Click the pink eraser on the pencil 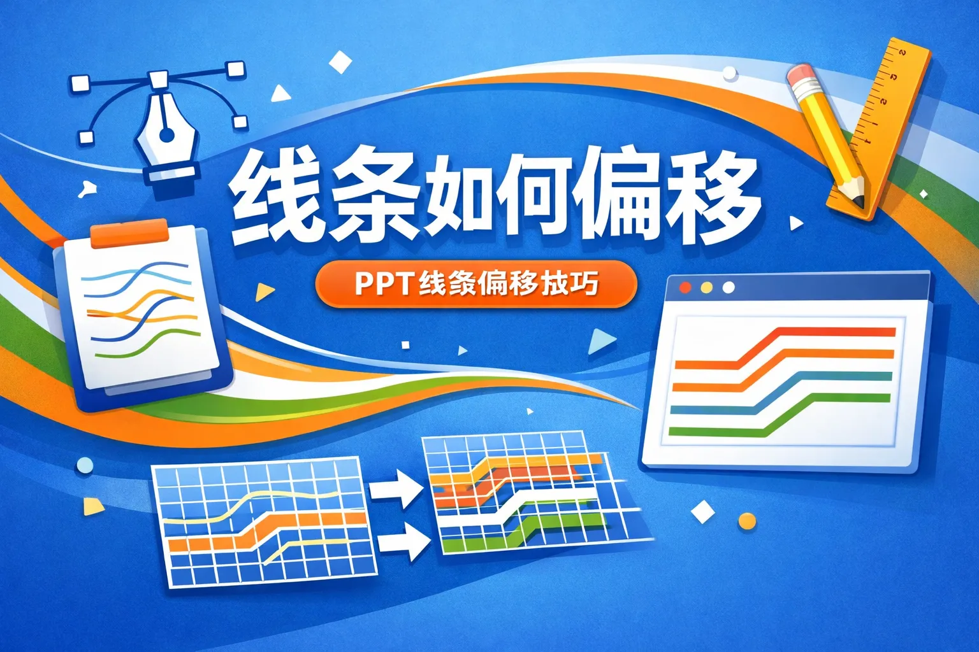point(799,77)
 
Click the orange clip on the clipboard point(129,234)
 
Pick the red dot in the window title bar point(685,288)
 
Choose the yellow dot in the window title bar point(706,288)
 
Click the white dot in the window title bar point(728,288)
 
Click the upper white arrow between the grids point(395,490)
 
